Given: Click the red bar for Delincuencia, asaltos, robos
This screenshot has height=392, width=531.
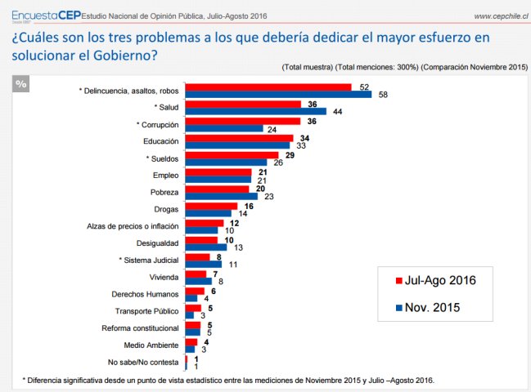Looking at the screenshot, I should coord(268,87).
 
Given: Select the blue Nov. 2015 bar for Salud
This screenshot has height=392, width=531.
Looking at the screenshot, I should coord(255,112).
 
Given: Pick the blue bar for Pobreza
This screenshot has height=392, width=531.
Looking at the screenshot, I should coord(221,196).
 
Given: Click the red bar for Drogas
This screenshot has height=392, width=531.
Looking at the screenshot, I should coord(211,207).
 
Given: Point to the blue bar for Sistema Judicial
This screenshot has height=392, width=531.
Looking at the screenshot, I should coord(204,264).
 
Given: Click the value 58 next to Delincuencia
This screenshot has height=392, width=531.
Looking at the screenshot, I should coord(381,95).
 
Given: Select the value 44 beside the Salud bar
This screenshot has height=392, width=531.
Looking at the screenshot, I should coord(335,112).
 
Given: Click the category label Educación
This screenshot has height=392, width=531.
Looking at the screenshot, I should coord(162,142).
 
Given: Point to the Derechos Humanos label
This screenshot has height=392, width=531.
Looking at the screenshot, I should coord(146,294).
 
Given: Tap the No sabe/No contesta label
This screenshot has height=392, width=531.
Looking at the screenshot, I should coord(141,361).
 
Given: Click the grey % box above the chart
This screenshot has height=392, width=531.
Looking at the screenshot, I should coord(21,83).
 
